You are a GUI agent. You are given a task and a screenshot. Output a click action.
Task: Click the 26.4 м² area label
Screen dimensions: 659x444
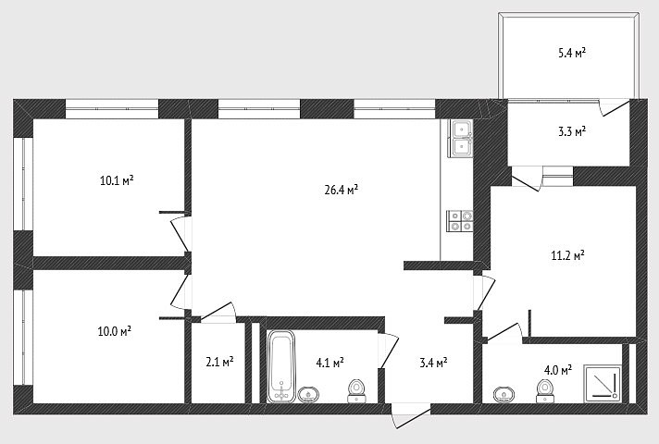(x=342, y=190)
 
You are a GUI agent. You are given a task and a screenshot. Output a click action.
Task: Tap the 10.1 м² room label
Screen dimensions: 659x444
(x=117, y=180)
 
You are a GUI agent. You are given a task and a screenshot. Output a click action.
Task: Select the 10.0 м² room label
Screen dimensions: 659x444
(x=115, y=331)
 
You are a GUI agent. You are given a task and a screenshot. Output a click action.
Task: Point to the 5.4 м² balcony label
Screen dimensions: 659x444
(x=572, y=53)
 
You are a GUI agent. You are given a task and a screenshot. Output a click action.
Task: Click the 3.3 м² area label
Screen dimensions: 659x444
(x=572, y=131)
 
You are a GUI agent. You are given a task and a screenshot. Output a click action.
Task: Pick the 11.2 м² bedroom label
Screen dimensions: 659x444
(x=567, y=255)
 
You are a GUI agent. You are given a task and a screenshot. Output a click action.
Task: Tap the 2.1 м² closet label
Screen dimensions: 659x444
(x=219, y=362)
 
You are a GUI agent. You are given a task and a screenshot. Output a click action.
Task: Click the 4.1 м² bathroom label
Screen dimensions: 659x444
(x=329, y=362)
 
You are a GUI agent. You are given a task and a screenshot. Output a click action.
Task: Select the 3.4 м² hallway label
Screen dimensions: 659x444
(x=433, y=362)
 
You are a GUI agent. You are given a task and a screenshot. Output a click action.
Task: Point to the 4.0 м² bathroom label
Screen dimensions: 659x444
(x=558, y=370)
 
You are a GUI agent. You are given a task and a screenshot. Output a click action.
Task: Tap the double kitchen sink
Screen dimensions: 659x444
(x=461, y=138)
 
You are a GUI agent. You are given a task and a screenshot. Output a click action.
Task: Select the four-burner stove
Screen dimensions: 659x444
(x=461, y=221)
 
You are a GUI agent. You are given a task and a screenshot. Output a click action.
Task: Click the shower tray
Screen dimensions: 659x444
(x=603, y=384)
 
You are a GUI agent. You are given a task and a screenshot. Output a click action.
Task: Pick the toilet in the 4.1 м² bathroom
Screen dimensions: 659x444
(x=356, y=391)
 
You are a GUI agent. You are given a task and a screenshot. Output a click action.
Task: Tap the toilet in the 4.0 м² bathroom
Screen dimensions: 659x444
(x=544, y=391)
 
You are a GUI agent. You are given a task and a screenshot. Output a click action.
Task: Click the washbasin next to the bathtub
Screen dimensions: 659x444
(x=308, y=395)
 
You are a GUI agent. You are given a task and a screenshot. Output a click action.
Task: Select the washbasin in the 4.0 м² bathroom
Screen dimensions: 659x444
(x=504, y=395)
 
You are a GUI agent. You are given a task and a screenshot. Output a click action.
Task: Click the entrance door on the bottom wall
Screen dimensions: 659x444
(x=411, y=415)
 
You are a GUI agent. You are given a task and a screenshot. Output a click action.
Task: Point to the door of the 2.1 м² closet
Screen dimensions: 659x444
(x=218, y=313)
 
